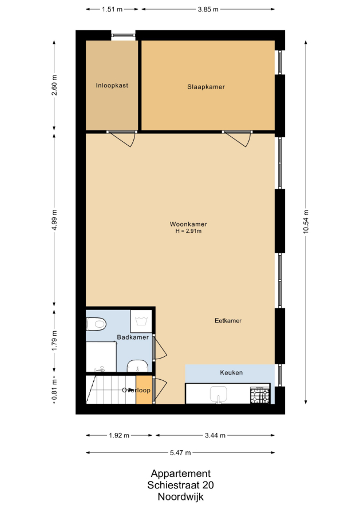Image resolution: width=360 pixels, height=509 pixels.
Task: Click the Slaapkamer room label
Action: [x=206, y=87]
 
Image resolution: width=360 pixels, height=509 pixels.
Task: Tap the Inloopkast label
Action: [x=112, y=85]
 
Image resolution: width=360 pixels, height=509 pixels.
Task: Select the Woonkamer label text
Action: [x=188, y=224]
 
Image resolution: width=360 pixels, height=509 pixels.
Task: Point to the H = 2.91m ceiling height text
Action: [x=188, y=231]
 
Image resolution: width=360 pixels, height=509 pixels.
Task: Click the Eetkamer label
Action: [x=228, y=321]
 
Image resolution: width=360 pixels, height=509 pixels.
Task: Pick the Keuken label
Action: [x=231, y=373]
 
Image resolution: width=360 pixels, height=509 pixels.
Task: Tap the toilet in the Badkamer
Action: [x=97, y=324]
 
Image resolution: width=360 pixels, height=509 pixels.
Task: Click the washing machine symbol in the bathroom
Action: [x=141, y=321]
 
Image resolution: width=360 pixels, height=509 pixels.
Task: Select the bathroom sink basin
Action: [x=138, y=366]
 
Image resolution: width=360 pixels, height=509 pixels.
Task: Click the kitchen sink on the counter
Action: [x=219, y=394]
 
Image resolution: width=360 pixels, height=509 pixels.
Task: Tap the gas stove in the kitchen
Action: [x=260, y=395]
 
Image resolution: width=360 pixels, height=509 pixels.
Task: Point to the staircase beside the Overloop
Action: [x=111, y=389]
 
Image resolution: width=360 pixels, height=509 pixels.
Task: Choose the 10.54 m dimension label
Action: [x=306, y=222]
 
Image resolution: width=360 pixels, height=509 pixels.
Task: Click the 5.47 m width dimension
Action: [x=180, y=452]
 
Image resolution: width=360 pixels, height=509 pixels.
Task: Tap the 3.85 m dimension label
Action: [x=208, y=9]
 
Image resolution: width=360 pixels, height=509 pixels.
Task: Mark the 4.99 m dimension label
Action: [x=54, y=220]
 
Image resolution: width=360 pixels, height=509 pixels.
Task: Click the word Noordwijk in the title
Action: [x=181, y=496]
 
